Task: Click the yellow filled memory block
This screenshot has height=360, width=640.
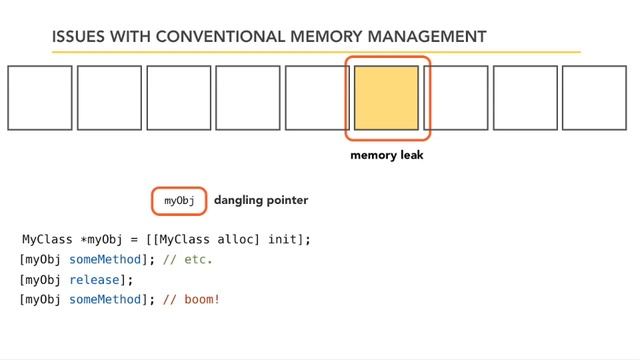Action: [x=386, y=98]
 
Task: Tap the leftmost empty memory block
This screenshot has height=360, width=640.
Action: [x=40, y=98]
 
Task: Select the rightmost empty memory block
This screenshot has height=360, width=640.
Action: [x=594, y=98]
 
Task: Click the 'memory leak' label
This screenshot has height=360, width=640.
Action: [x=387, y=156]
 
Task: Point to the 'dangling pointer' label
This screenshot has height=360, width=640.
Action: [x=261, y=200]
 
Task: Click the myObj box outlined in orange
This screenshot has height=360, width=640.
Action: [x=179, y=201]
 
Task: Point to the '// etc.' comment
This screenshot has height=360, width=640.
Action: [x=188, y=259]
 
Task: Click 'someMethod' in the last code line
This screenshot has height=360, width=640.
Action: [x=108, y=299]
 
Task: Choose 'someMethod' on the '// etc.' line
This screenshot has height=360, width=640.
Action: [x=108, y=259]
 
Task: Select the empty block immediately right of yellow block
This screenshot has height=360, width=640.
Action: [x=455, y=98]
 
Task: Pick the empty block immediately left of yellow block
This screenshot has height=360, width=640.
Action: [x=317, y=98]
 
